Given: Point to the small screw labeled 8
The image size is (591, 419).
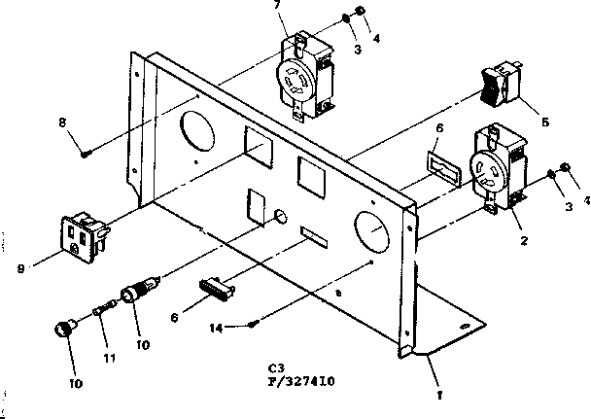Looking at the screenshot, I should pyautogui.click(x=87, y=152).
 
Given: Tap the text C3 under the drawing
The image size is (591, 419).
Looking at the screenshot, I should pyautogui.click(x=278, y=369).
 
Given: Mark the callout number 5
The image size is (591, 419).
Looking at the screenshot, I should pyautogui.click(x=544, y=122).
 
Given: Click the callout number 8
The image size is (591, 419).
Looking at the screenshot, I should pyautogui.click(x=62, y=123).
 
